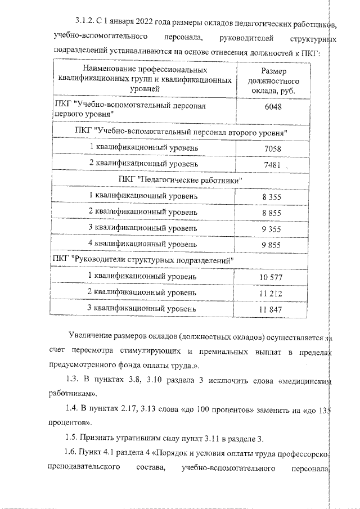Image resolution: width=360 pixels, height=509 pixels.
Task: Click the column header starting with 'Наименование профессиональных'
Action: (145, 79)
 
